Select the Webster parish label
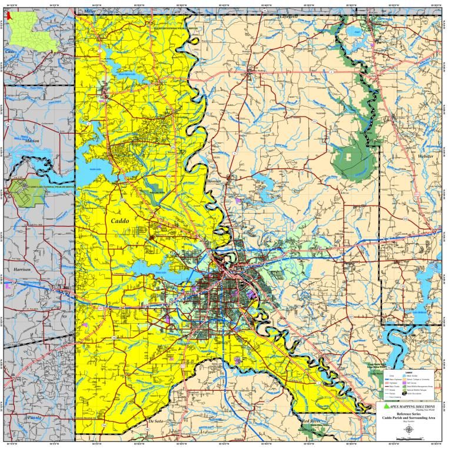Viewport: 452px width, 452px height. [425, 157]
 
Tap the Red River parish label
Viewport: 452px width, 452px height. [311, 422]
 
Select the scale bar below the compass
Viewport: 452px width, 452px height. [408, 441]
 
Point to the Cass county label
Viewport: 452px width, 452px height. [9, 52]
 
